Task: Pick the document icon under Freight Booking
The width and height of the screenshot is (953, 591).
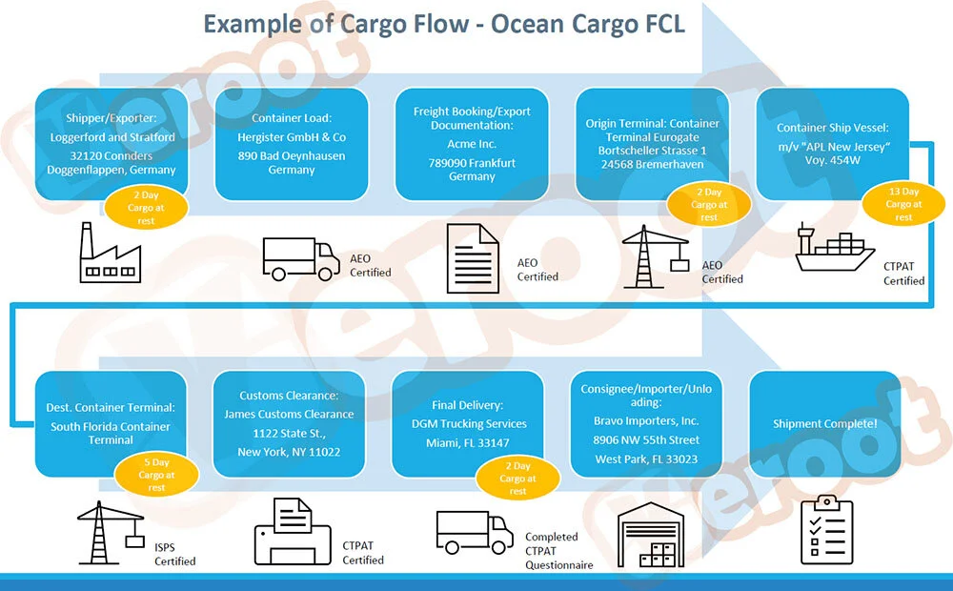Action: click(473, 259)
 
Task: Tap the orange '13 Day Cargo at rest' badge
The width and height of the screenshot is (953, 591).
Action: click(903, 204)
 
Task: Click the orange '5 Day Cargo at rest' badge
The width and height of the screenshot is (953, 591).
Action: click(156, 475)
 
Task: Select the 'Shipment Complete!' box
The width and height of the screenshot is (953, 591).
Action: click(826, 423)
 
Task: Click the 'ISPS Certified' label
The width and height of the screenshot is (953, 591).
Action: click(174, 554)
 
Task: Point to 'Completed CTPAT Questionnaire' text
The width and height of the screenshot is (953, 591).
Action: click(558, 551)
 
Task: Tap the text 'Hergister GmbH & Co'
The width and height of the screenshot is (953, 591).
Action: click(292, 137)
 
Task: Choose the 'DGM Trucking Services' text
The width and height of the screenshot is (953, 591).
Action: click(468, 423)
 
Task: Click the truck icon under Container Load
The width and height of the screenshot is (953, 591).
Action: click(300, 259)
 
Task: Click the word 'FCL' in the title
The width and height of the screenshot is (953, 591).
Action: click(657, 23)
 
